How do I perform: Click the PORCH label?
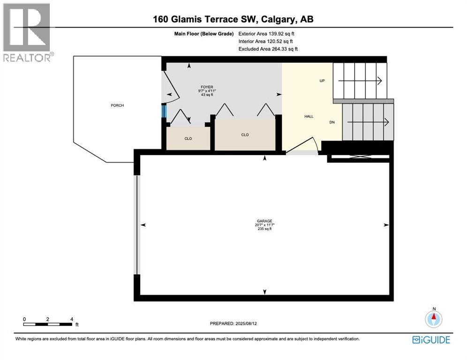pos(117,105)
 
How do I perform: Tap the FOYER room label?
pos(207,87)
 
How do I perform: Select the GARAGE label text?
pos(265,221)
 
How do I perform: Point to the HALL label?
pos(309,116)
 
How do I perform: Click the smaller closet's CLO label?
pos(188,139)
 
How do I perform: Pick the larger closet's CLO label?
pos(245,135)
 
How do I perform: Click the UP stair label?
pos(322,81)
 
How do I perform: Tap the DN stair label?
pos(332,122)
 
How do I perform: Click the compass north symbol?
pos(434,318)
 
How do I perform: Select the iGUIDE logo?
pos(431,340)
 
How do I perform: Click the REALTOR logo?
pos(27,33)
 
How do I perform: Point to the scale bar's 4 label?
pos(71,319)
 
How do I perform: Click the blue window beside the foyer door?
pos(164,112)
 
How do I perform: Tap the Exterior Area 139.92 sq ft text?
pos(266,33)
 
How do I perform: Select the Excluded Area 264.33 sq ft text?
pos(268,49)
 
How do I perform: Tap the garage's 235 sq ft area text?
pos(265,229)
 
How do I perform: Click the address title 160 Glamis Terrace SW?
pos(233,20)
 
